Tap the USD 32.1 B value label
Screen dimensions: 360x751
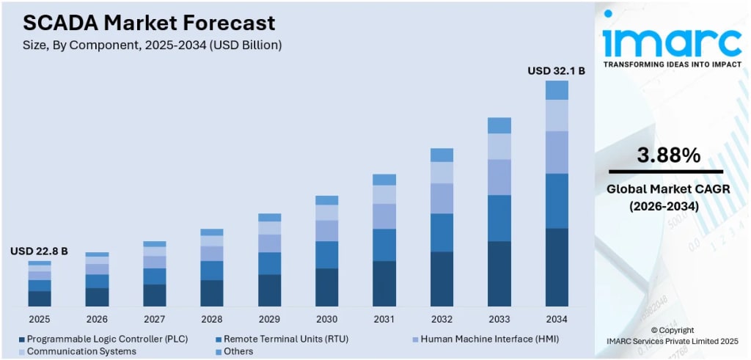(x=556, y=71)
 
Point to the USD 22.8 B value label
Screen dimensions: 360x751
(x=39, y=251)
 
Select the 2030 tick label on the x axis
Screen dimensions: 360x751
(x=326, y=319)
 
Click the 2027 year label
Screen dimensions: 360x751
(x=154, y=319)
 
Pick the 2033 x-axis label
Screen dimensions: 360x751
(x=499, y=319)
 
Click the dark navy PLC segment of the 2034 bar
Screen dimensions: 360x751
(x=557, y=267)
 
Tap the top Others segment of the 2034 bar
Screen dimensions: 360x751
(x=557, y=90)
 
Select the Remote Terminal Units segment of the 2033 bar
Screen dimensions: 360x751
(x=499, y=218)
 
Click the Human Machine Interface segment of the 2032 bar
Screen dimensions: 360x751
(x=442, y=198)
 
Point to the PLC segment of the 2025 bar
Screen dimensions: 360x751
(x=40, y=298)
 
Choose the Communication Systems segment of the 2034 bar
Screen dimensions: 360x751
(x=557, y=115)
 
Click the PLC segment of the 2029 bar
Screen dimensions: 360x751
(x=269, y=290)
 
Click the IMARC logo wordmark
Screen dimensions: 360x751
(x=671, y=42)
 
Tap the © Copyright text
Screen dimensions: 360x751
(x=672, y=330)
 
